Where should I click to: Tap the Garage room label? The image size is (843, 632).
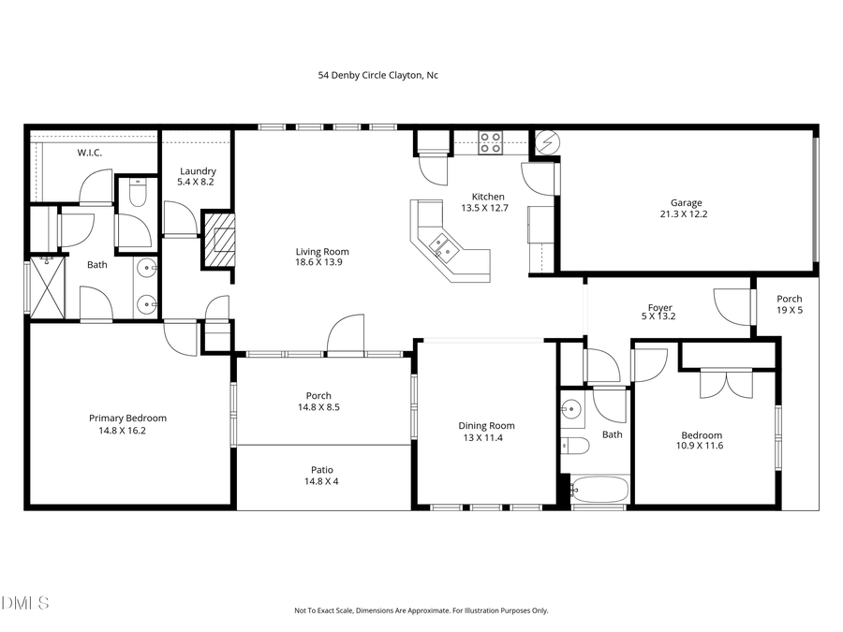[686, 209]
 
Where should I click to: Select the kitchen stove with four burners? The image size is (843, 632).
[490, 142]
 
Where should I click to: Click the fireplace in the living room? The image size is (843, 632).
[221, 240]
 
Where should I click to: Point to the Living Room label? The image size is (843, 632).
[322, 257]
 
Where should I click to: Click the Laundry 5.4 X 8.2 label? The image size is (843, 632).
[197, 176]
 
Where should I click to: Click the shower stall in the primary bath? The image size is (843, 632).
[45, 288]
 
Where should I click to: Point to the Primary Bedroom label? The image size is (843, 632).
[127, 424]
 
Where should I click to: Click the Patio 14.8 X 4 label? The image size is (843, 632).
[322, 476]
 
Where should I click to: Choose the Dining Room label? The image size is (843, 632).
[486, 432]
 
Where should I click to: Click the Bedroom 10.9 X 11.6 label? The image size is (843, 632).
[702, 441]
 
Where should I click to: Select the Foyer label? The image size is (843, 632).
[660, 313]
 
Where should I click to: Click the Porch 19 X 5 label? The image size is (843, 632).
[790, 304]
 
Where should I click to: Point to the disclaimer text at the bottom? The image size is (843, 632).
[421, 610]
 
